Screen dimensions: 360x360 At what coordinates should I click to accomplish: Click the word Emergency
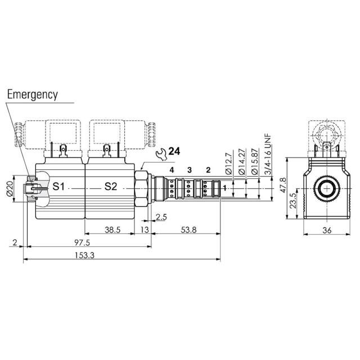pyautogui.click(x=32, y=94)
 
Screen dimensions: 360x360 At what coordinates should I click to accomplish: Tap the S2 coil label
pyautogui.click(x=110, y=186)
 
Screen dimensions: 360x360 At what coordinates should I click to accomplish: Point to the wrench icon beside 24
pyautogui.click(x=160, y=152)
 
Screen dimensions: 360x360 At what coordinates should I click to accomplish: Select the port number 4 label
pyautogui.click(x=172, y=169)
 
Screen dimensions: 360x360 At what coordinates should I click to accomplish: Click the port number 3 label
pyautogui.click(x=190, y=169)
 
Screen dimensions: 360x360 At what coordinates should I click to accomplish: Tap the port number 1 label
pyautogui.click(x=224, y=188)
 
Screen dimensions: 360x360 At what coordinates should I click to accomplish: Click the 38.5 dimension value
pyautogui.click(x=113, y=229)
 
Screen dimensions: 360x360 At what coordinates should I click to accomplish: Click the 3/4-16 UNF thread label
pyautogui.click(x=268, y=152)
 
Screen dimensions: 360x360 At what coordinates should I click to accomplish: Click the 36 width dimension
pyautogui.click(x=327, y=229)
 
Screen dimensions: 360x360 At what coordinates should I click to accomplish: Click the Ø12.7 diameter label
pyautogui.click(x=228, y=164)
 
